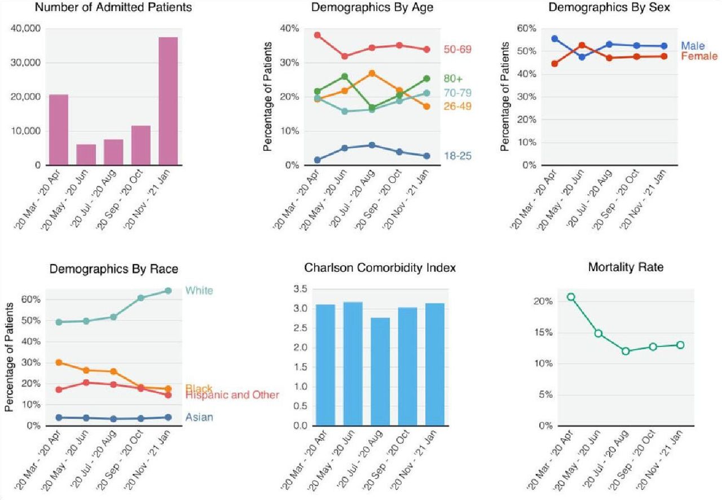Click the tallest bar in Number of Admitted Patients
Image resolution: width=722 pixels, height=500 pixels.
(x=168, y=102)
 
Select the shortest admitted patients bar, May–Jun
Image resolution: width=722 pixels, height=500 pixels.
(x=86, y=155)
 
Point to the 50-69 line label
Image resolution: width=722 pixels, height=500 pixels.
(x=457, y=50)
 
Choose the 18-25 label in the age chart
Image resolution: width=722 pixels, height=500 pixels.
(x=457, y=155)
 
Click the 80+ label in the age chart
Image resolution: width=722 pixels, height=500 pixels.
(x=453, y=78)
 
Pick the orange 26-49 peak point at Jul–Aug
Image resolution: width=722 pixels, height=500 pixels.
(x=372, y=73)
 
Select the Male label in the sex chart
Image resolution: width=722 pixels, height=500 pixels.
(x=693, y=46)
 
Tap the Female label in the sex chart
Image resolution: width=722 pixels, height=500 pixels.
(x=699, y=56)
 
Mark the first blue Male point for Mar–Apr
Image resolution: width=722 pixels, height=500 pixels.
(x=555, y=38)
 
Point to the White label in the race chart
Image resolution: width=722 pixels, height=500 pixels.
(x=199, y=291)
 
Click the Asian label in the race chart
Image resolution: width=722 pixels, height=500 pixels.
(x=199, y=418)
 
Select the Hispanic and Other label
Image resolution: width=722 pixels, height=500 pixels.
(x=232, y=395)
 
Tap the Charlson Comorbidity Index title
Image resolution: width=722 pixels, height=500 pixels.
(x=380, y=268)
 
